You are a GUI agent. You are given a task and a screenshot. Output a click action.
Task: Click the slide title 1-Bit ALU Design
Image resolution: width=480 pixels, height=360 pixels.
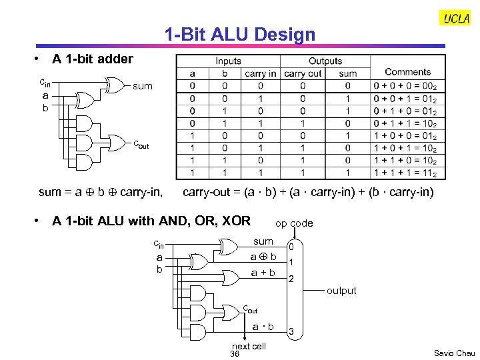coord(240,35)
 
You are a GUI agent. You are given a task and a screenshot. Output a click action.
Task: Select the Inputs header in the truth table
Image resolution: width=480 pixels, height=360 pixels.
coord(228,61)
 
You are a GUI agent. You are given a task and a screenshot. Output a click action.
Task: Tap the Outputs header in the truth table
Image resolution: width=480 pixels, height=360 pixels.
coord(325,61)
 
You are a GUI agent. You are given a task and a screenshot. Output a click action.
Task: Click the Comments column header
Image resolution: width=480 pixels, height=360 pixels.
coord(407,72)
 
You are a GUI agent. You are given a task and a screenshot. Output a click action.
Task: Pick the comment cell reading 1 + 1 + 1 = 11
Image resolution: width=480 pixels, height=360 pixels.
coord(405,173)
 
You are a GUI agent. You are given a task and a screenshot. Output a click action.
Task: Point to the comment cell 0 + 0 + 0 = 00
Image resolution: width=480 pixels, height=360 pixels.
coord(405,86)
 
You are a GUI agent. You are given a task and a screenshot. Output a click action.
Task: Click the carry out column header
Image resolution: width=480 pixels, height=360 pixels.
coord(303,73)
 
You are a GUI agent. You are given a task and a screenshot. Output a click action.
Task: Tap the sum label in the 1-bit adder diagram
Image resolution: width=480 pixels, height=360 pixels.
coord(143,86)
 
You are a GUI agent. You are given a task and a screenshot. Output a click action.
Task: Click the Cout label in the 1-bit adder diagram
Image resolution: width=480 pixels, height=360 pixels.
coord(140,143)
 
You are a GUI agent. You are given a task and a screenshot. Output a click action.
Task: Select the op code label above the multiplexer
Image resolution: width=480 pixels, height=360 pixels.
coord(294,223)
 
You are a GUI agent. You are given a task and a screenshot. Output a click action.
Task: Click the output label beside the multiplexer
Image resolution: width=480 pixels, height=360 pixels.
coord(341,291)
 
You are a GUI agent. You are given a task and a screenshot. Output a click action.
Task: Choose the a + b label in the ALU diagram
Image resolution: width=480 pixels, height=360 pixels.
coord(263,273)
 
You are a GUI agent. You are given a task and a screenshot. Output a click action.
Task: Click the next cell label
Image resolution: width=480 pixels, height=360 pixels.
coord(248,346)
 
